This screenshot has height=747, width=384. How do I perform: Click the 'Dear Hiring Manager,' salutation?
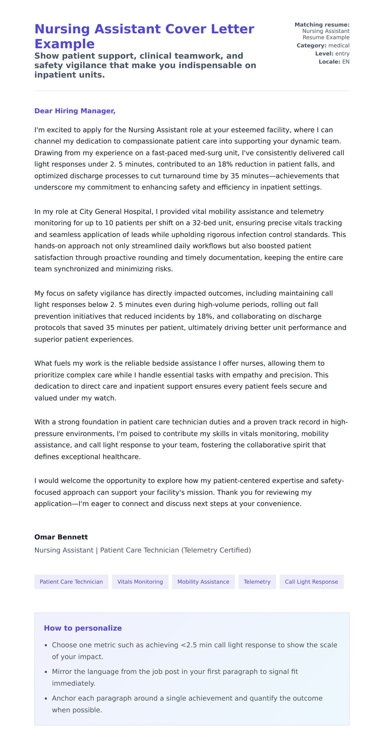click(x=75, y=111)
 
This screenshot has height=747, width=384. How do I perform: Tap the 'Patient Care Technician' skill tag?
click(x=71, y=582)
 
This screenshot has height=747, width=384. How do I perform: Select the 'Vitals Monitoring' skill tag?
click(x=140, y=582)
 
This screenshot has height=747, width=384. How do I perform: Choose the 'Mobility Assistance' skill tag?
click(x=203, y=582)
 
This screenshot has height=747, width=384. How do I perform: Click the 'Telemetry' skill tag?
click(x=257, y=582)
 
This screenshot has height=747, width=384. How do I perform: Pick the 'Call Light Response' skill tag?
click(x=311, y=582)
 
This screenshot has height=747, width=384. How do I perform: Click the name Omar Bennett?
click(x=61, y=537)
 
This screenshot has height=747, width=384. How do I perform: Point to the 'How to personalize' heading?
click(x=83, y=628)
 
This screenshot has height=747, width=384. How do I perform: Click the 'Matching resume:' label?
click(x=322, y=25)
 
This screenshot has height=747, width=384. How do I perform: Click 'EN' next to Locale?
click(x=346, y=62)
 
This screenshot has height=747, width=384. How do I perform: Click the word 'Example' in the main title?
click(x=64, y=44)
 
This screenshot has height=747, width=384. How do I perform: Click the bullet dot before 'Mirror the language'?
click(x=46, y=672)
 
